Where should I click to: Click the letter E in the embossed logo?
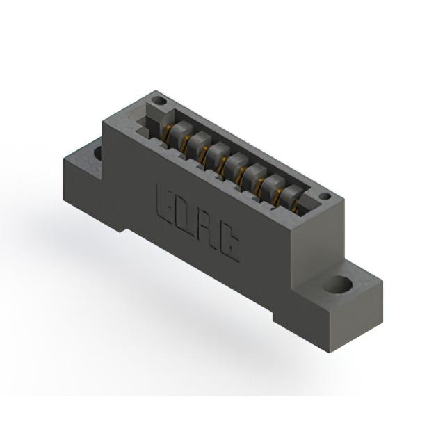pyautogui.click(x=165, y=202)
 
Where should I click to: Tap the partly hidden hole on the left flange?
pyautogui.click(x=98, y=153)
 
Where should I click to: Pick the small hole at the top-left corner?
pyautogui.click(x=159, y=100)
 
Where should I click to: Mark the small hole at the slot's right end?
pyautogui.click(x=325, y=196)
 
